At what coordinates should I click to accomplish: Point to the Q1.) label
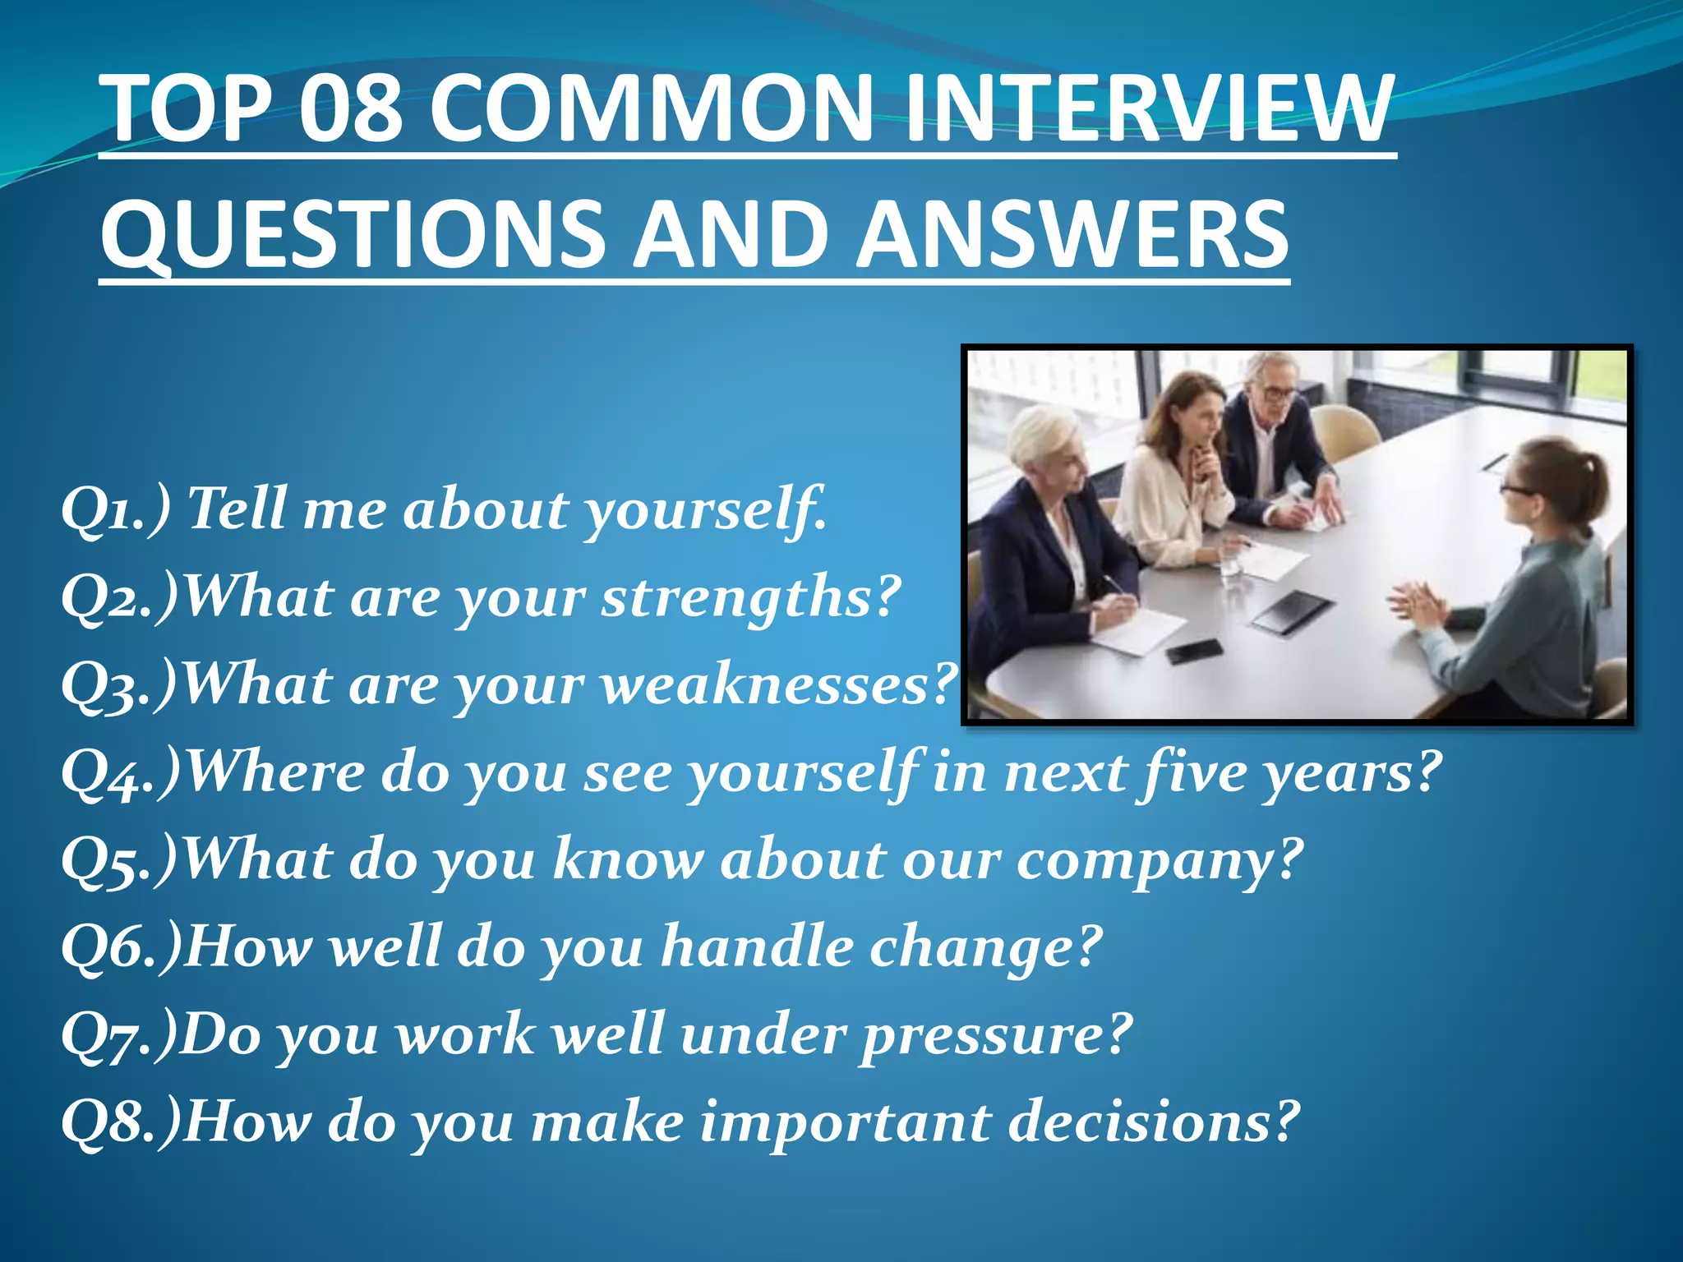tap(115, 509)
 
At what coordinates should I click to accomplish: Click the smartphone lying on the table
tap(1193, 652)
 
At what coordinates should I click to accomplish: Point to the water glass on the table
tap(1230, 566)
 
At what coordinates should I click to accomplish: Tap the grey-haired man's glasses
tap(1278, 394)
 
